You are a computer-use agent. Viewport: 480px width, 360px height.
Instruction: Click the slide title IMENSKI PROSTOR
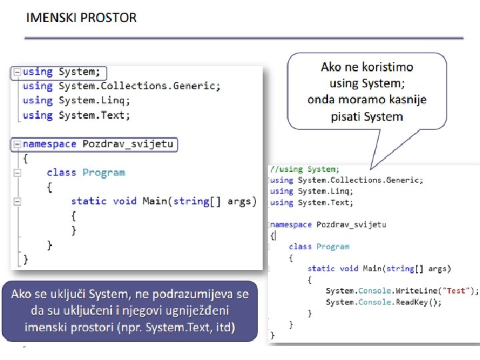pos(81,18)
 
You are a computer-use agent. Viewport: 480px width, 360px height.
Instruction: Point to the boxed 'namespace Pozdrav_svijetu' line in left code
pos(97,144)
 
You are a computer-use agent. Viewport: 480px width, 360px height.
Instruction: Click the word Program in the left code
pos(103,173)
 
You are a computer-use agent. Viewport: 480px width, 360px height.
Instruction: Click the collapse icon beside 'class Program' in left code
pos(17,173)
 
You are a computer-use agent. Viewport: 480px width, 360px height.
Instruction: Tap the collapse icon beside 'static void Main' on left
pos(17,201)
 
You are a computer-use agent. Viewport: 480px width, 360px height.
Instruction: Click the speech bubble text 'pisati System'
pos(367,116)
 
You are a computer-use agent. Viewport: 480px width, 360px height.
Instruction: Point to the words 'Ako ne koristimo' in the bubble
pos(367,67)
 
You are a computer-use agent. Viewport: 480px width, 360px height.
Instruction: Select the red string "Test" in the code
pos(457,291)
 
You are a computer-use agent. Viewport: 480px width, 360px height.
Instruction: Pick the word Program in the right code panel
pos(333,247)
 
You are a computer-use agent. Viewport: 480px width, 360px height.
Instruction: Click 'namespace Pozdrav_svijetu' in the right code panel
pos(328,225)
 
